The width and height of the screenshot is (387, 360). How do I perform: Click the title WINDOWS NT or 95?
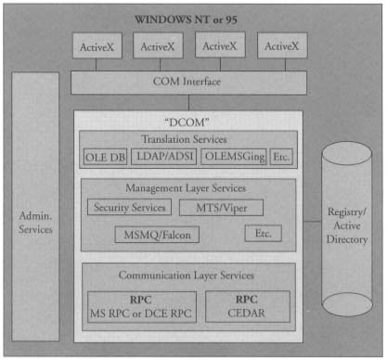193,18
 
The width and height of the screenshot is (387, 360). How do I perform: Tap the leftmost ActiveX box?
97,46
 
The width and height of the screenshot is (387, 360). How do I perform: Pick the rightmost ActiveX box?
281,46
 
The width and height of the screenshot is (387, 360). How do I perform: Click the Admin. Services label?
35,222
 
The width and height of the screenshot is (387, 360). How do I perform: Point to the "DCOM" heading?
188,122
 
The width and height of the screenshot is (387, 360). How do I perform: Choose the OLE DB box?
105,158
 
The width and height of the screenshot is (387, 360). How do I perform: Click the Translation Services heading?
188,139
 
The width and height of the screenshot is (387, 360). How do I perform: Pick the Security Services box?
129,208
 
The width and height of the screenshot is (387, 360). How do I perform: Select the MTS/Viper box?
221,208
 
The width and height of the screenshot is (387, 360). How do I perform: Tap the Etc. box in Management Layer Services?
263,233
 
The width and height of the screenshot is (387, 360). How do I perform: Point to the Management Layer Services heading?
188,187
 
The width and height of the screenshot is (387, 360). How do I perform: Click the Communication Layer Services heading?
188,276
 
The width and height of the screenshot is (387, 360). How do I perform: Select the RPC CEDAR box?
245,307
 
